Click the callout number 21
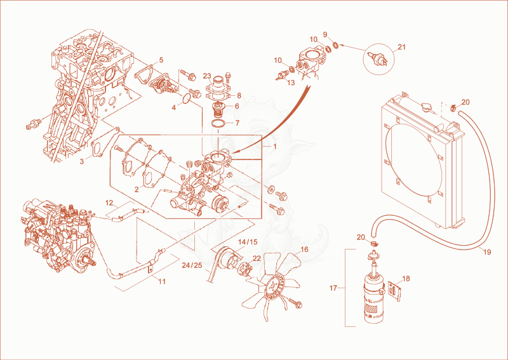click(x=401, y=47)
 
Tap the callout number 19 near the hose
click(x=487, y=252)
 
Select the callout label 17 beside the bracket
click(x=333, y=288)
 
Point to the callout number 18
click(x=406, y=278)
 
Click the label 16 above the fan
click(x=304, y=249)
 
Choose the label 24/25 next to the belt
click(x=192, y=265)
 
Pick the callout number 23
click(x=207, y=76)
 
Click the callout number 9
click(x=325, y=34)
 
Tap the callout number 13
click(x=291, y=83)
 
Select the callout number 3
click(x=82, y=161)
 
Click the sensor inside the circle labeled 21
click(x=378, y=59)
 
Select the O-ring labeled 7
click(x=219, y=123)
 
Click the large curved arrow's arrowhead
click(x=234, y=152)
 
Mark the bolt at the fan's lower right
click(x=295, y=303)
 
